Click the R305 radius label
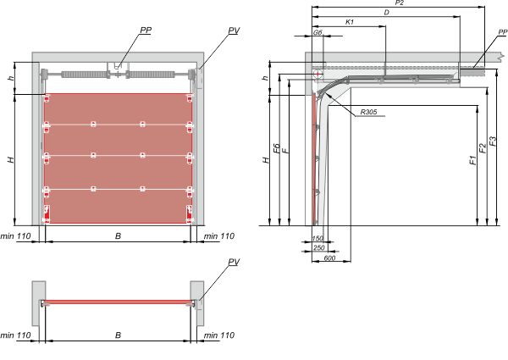(368, 112)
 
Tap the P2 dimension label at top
(400, 3)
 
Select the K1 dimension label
(350, 22)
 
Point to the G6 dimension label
(317, 32)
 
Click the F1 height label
(473, 160)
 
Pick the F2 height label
(483, 147)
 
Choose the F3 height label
(493, 141)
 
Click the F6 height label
(276, 148)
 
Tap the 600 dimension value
(329, 258)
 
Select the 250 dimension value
(319, 248)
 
